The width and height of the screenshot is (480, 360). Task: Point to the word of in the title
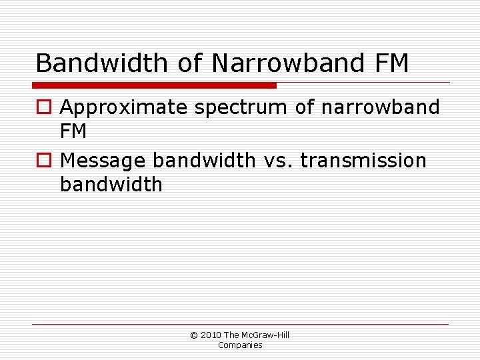click(x=191, y=63)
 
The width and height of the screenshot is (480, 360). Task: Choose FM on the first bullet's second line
click(x=73, y=131)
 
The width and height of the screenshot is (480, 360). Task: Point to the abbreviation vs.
click(x=279, y=161)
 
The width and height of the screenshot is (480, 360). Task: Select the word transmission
click(x=364, y=161)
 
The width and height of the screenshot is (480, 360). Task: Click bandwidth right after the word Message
click(x=204, y=161)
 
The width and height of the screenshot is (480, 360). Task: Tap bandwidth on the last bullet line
click(x=111, y=185)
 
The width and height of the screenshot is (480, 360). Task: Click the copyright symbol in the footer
click(x=194, y=335)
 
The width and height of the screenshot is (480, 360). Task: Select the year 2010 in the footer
click(x=211, y=335)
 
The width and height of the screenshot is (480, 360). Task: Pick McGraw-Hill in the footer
click(x=265, y=335)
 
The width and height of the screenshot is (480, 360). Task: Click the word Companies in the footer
click(x=240, y=345)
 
